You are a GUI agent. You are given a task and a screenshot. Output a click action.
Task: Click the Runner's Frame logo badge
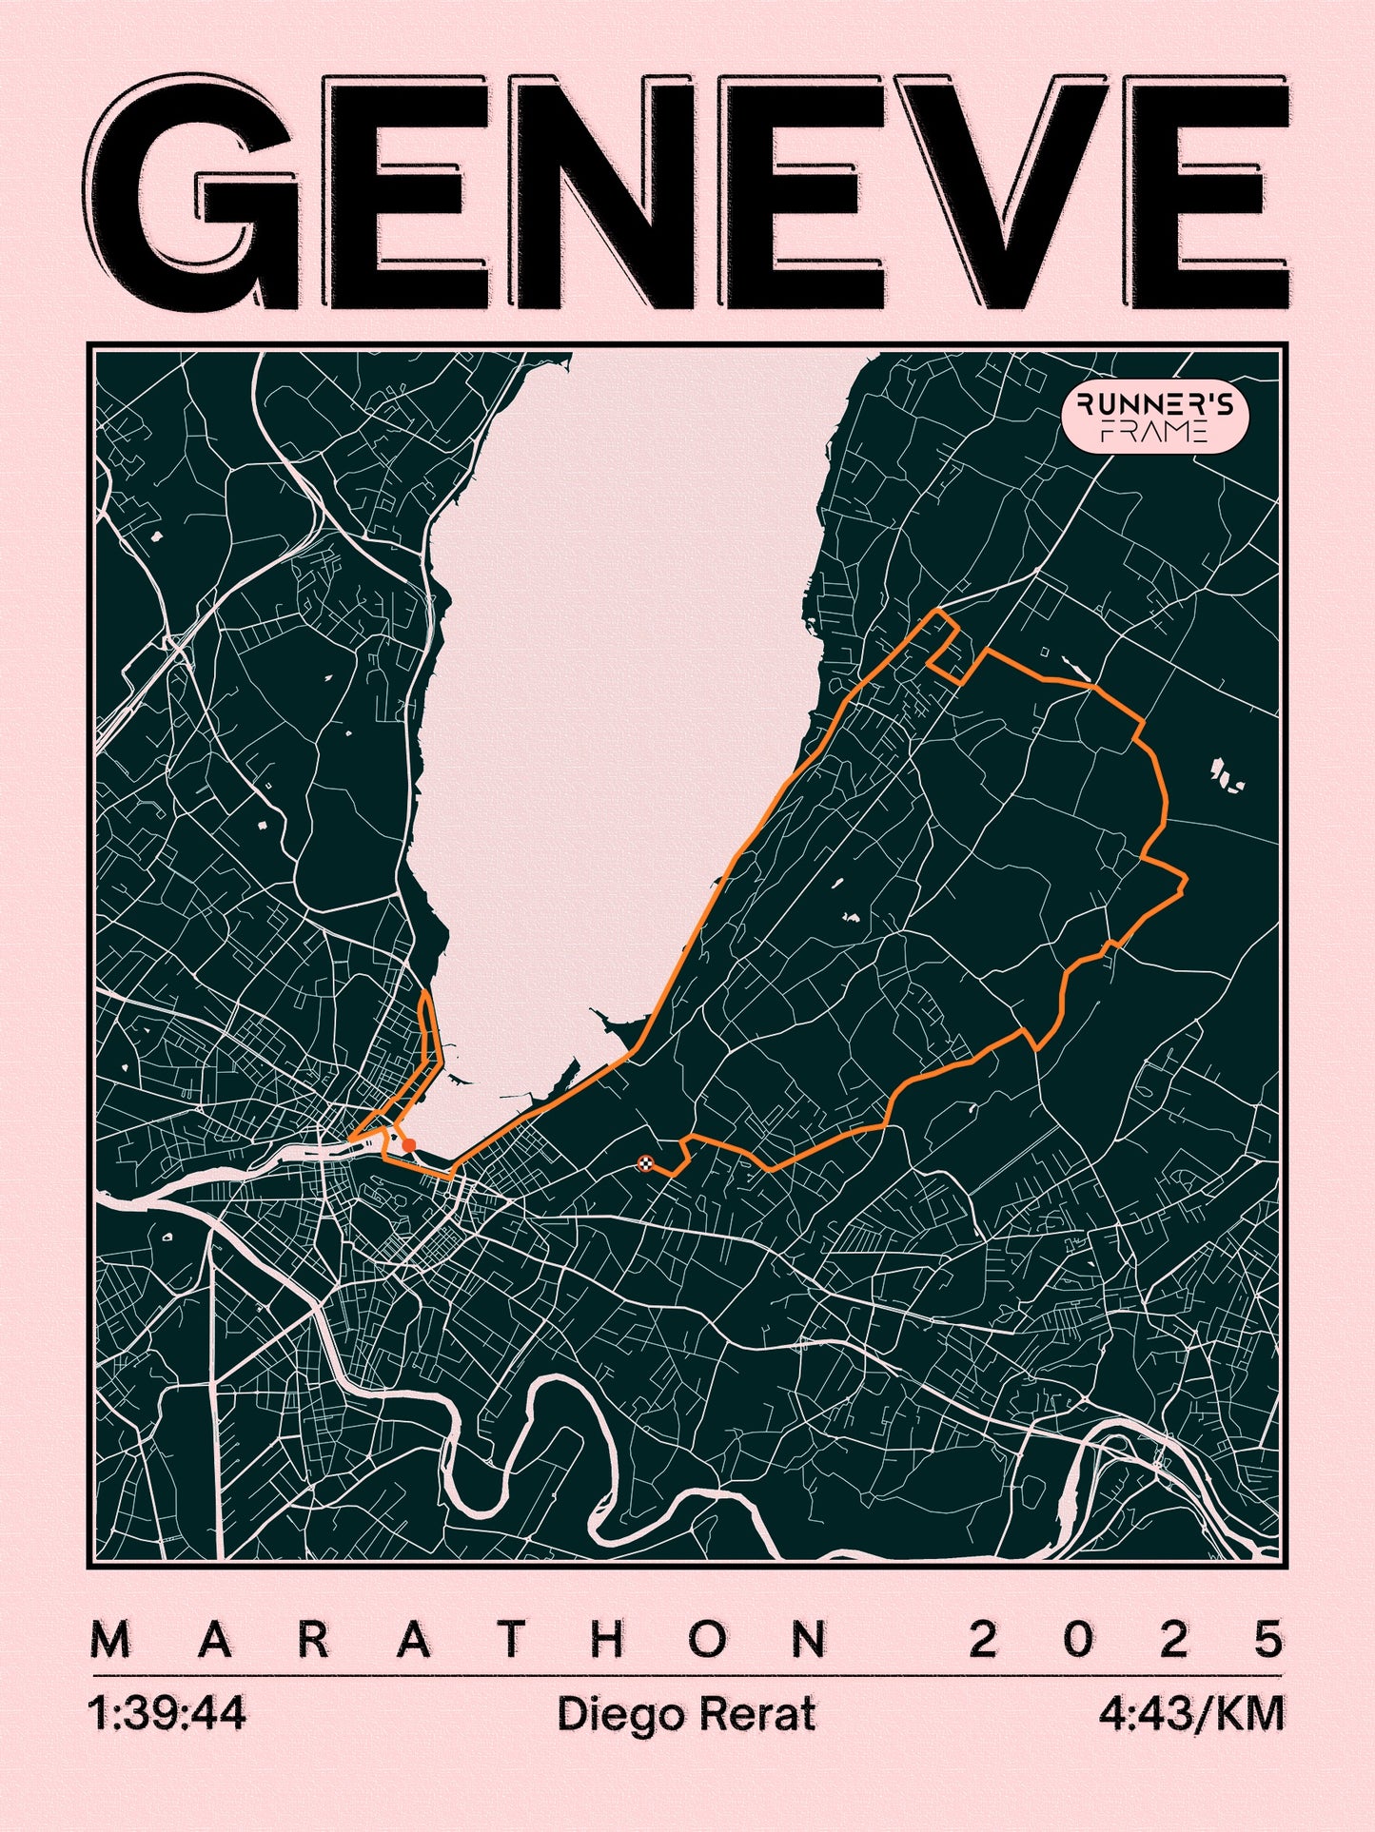coord(1154,419)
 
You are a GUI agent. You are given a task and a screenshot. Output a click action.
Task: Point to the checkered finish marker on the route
coord(645,1162)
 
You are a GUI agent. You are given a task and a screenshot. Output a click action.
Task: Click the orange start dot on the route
coord(409,1145)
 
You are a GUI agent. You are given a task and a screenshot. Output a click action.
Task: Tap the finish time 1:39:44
coord(167,1714)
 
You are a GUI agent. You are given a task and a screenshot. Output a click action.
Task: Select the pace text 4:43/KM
coord(1191,1714)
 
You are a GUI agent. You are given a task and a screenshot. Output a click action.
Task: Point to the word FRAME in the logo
coord(1154,433)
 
